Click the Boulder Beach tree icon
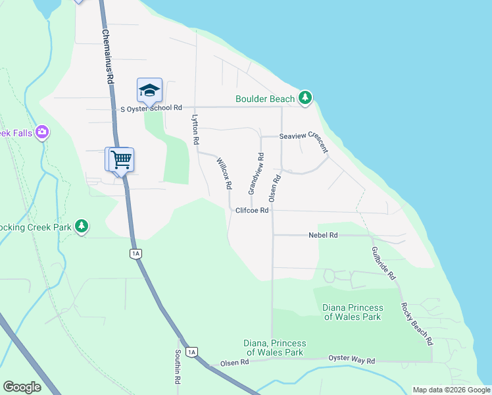(x=305, y=98)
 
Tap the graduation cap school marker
(x=149, y=90)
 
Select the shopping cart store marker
(x=121, y=159)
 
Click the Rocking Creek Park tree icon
(x=82, y=226)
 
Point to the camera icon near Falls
(x=43, y=132)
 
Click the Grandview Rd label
(x=256, y=174)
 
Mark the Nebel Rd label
(x=323, y=235)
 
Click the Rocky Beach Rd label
(x=418, y=324)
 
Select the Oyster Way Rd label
(x=351, y=361)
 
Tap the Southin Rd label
(x=178, y=367)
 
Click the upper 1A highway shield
(x=136, y=253)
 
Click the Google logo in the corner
(x=22, y=387)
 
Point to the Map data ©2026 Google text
(x=451, y=390)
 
